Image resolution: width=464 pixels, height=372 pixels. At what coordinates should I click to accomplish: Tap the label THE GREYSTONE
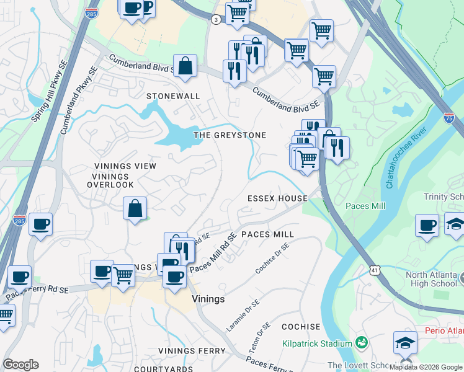coord(230,135)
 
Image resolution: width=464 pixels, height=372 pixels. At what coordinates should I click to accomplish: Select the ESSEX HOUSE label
coord(277,198)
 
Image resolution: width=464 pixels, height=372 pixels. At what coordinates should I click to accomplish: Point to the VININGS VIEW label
coord(125,166)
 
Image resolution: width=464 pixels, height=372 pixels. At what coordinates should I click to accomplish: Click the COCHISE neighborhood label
coord(301,327)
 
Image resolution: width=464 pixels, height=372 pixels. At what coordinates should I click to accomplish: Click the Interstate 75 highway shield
coord(448,117)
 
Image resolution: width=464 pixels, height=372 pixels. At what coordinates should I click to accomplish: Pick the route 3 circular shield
coord(215,19)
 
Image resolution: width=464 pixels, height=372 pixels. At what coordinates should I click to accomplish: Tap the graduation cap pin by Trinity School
coord(455,224)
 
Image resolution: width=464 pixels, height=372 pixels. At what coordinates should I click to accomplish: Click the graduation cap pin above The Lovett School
coord(404,342)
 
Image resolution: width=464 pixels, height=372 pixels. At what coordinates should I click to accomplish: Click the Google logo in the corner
coord(20,365)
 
